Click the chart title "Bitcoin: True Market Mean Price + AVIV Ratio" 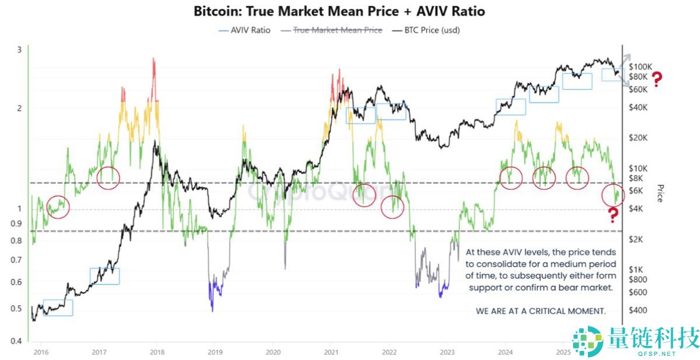(x=338, y=11)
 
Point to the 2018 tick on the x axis (x=156, y=352)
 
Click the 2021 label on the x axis (x=331, y=352)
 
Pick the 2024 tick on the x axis (x=505, y=352)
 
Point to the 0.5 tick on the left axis (x=19, y=309)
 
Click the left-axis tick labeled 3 (x=19, y=50)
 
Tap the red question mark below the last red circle (x=612, y=215)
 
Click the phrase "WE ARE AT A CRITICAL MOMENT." (x=541, y=311)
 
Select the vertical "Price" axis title (x=660, y=193)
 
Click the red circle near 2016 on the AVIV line (x=58, y=206)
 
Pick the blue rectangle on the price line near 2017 (x=104, y=276)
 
